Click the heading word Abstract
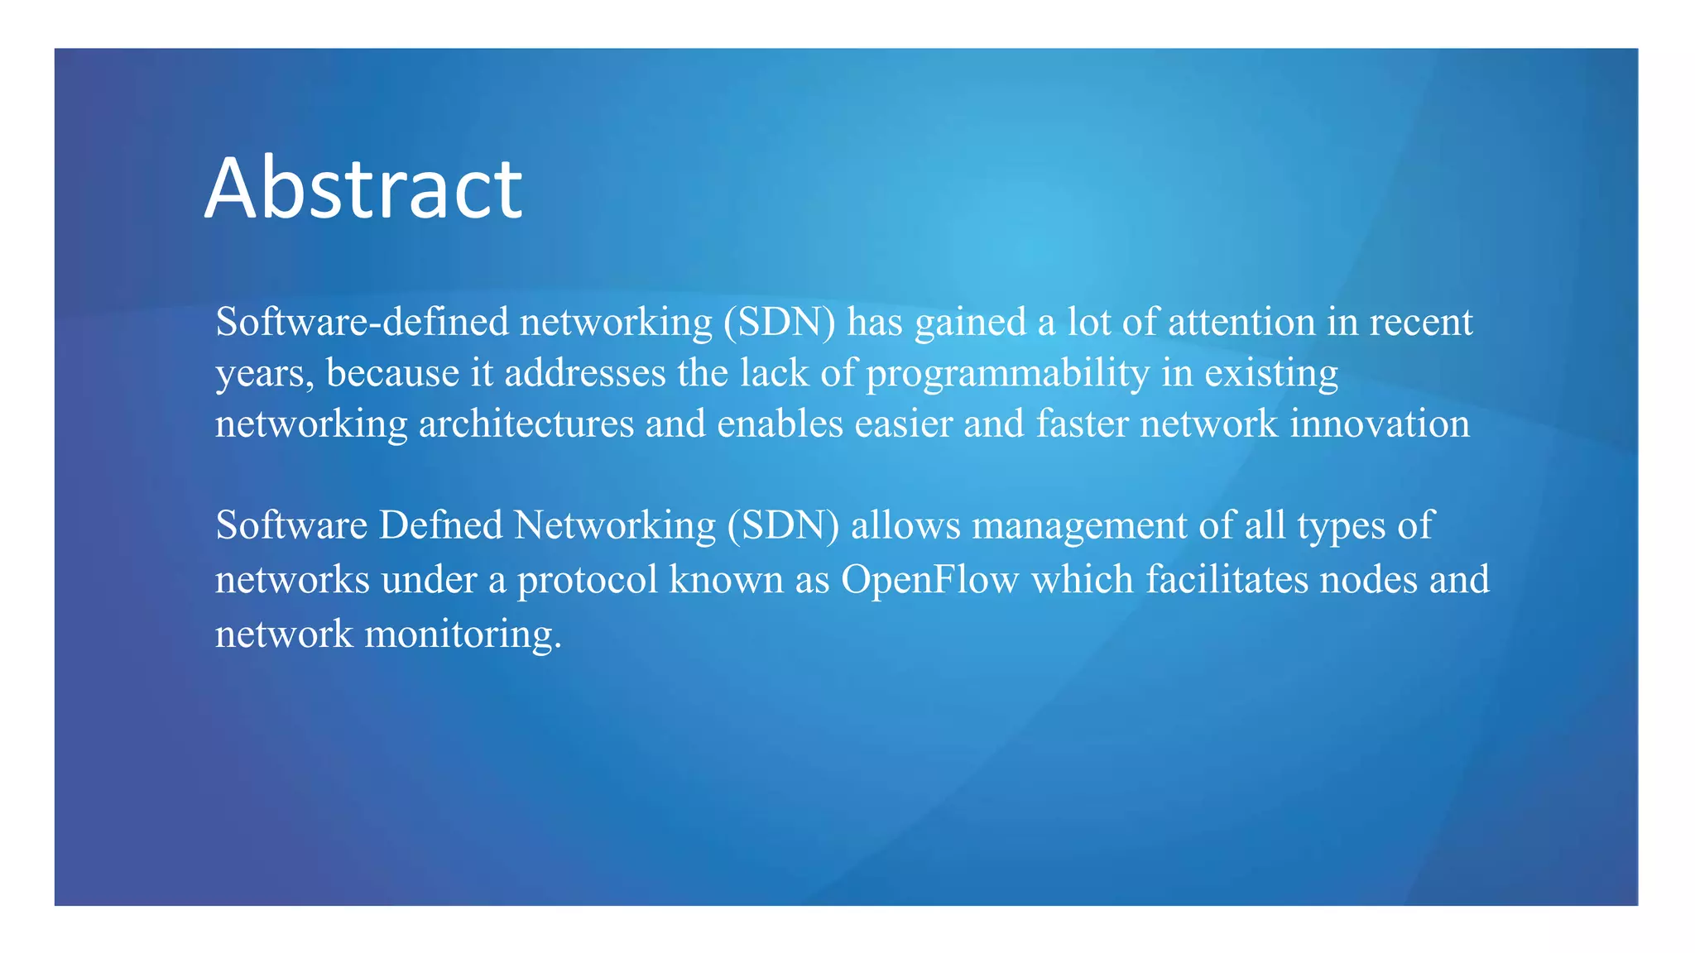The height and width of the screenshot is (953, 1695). [x=363, y=189]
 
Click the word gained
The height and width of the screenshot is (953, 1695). [x=970, y=323]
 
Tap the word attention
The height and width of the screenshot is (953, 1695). [x=1241, y=322]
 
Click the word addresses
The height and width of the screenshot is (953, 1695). [x=585, y=373]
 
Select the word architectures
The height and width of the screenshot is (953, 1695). [x=526, y=424]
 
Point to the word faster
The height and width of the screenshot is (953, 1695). [x=1082, y=424]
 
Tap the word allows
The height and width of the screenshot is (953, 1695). [x=905, y=525]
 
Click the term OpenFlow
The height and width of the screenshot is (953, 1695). [x=929, y=580]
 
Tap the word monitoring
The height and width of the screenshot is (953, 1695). [x=463, y=635]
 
